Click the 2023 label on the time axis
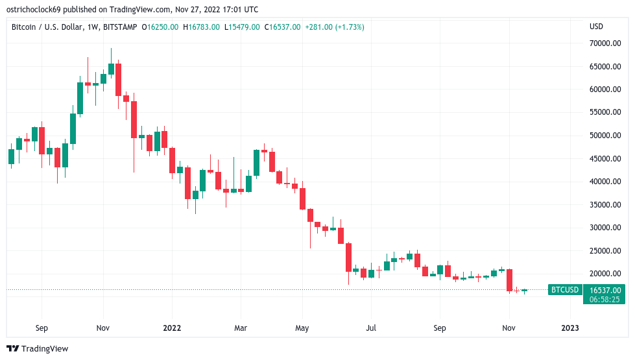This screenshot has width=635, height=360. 570,328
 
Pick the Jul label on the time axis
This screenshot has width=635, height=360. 371,328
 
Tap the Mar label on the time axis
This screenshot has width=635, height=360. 241,328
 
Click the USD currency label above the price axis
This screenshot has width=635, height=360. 596,27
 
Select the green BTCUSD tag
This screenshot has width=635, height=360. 564,290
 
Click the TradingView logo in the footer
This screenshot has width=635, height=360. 38,349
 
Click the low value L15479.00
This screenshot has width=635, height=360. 242,27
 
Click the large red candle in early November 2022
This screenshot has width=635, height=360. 509,280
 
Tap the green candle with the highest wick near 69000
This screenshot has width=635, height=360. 111,68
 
